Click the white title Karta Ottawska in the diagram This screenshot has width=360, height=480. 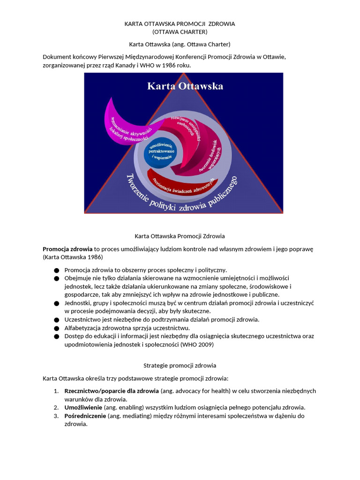(185, 86)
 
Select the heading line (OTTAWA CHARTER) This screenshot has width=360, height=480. (180, 32)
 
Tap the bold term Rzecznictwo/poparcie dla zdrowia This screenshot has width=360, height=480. (112, 391)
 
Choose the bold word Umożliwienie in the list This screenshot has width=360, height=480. (83, 407)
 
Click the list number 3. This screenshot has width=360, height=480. (55, 416)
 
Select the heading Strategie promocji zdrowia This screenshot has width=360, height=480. (180, 365)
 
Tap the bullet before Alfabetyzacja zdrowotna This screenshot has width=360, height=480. (57, 328)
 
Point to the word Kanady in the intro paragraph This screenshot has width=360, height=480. (125, 66)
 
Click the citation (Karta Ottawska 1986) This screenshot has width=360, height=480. (73, 257)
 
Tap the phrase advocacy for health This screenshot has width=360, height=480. (206, 391)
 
